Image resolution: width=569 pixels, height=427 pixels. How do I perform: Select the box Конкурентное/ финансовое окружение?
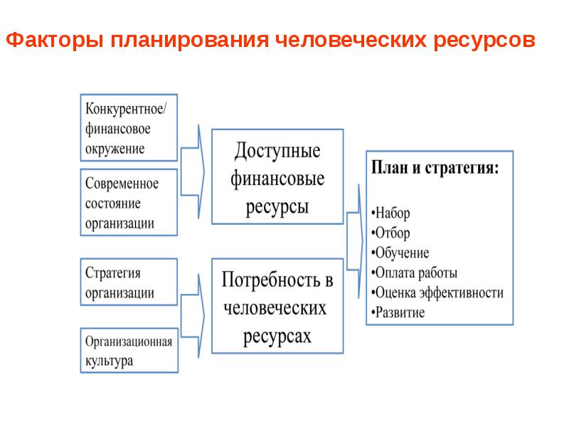click(129, 128)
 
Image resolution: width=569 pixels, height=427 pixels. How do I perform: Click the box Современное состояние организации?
click(129, 203)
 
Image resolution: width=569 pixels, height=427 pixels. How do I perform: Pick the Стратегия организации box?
click(129, 283)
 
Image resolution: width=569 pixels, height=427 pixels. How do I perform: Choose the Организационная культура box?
click(129, 350)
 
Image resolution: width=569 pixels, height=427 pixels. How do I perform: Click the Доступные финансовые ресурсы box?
click(277, 176)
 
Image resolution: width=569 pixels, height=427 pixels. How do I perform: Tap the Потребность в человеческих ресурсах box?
click(277, 307)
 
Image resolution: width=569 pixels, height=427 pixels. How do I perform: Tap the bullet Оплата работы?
click(416, 273)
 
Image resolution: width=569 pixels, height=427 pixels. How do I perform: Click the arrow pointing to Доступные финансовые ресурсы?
click(195, 171)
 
